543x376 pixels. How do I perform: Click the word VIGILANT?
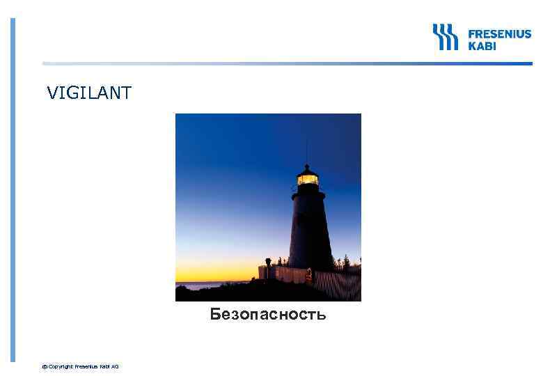[x=88, y=93]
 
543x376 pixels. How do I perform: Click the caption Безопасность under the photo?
[x=268, y=315]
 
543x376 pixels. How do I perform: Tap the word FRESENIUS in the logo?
[x=498, y=33]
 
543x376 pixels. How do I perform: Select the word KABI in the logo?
[x=482, y=45]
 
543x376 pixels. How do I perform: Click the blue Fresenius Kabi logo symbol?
[x=445, y=37]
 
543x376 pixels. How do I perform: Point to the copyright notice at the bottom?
[x=81, y=366]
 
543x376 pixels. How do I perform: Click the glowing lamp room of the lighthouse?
[x=307, y=180]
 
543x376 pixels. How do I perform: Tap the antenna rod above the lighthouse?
[x=306, y=150]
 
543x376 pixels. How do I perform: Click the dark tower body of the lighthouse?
[x=310, y=230]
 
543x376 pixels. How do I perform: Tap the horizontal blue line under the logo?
[x=278, y=64]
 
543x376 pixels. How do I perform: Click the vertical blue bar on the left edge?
[x=13, y=188]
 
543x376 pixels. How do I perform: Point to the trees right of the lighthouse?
[x=347, y=263]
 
